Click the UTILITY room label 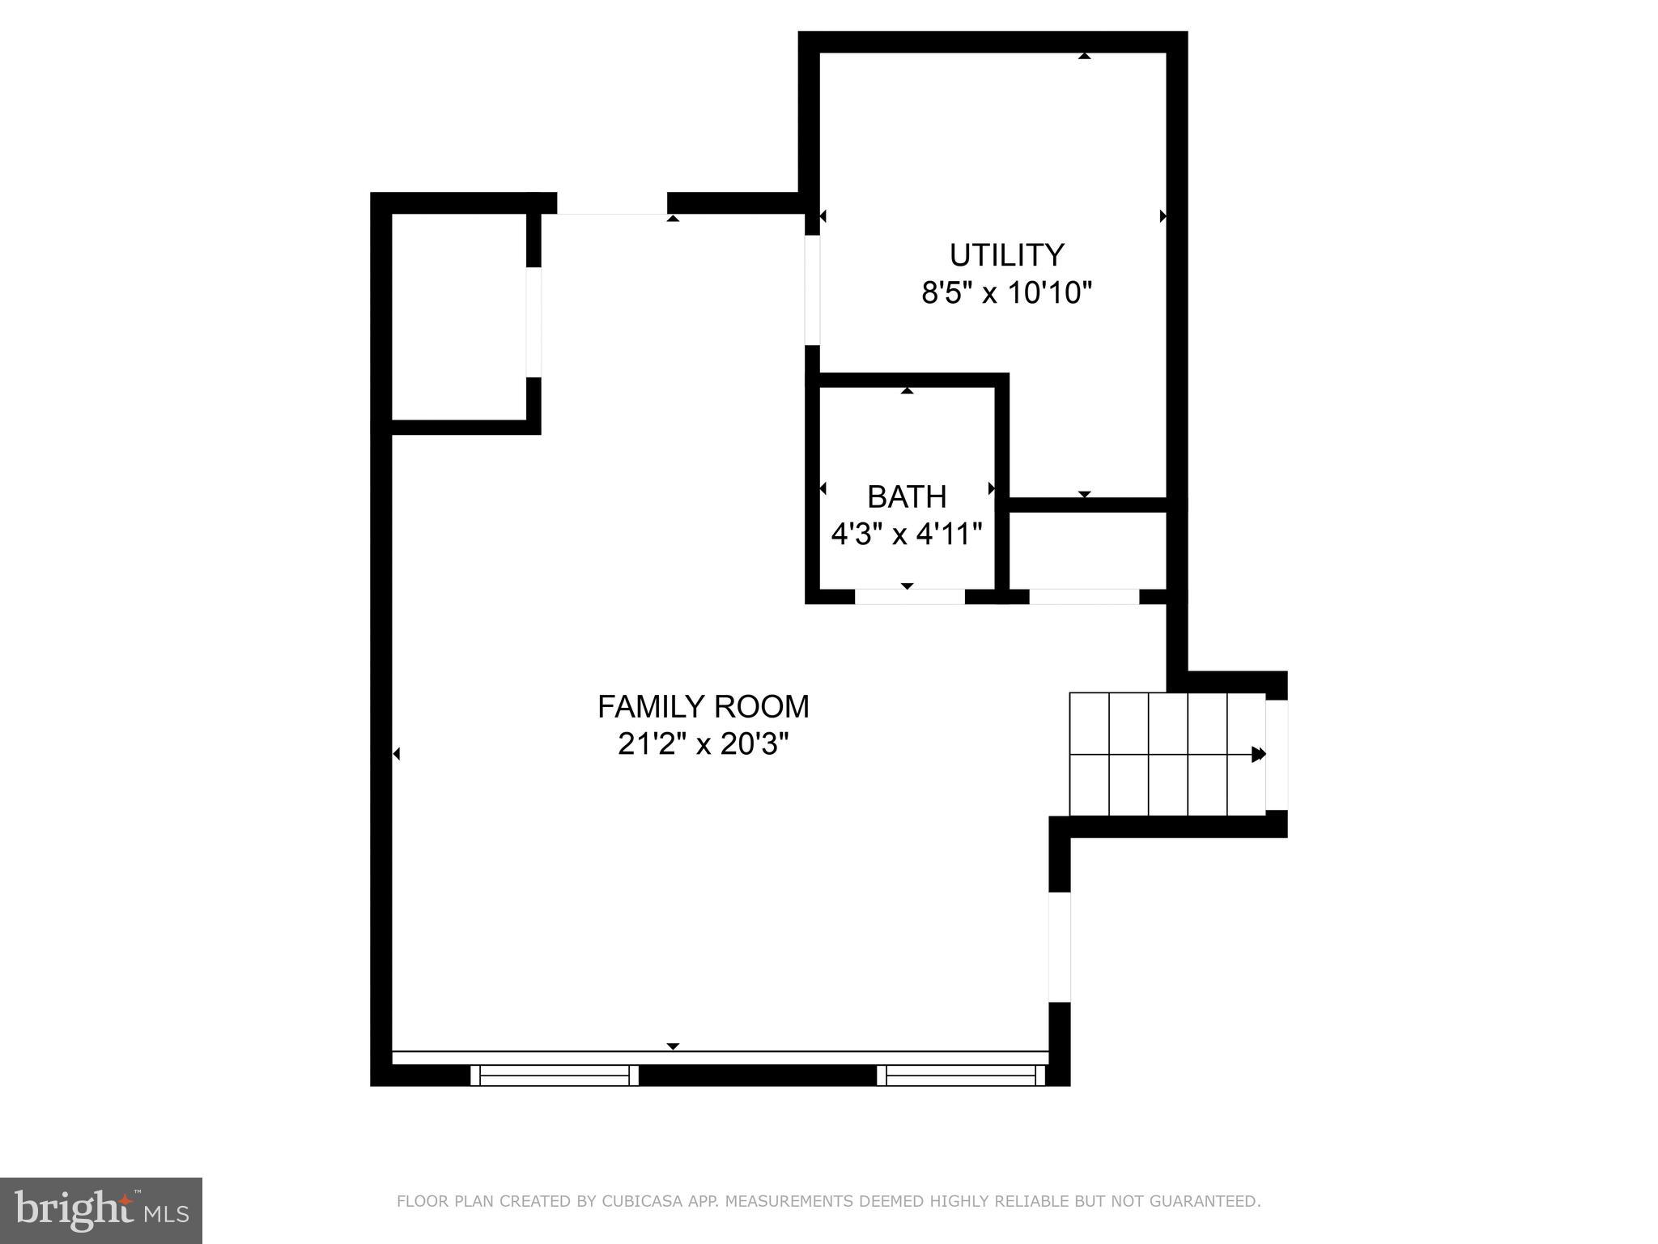point(1005,255)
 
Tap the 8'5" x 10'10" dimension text point(1006,292)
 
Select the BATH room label point(906,496)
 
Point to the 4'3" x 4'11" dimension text point(906,534)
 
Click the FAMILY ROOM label point(703,706)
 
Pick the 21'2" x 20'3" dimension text point(703,743)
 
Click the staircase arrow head point(1258,754)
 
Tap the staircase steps point(1166,754)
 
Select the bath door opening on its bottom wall point(909,597)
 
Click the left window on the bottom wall point(555,1076)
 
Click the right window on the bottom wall point(961,1076)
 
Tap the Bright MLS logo point(100,1210)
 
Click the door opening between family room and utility point(812,290)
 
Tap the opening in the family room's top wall point(612,203)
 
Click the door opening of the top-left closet point(534,322)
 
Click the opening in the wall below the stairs point(1060,947)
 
